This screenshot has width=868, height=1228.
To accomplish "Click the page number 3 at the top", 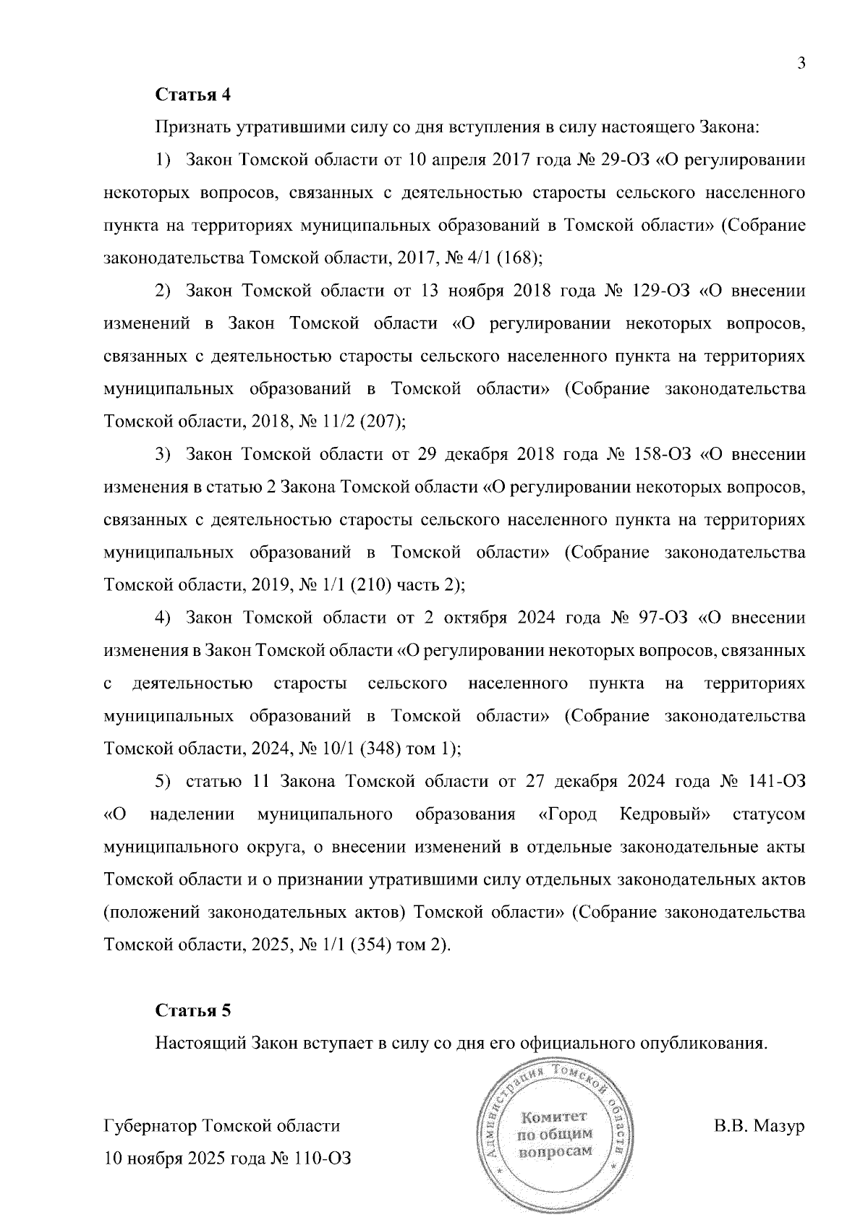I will [801, 63].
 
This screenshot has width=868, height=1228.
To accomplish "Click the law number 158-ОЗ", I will [663, 454].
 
